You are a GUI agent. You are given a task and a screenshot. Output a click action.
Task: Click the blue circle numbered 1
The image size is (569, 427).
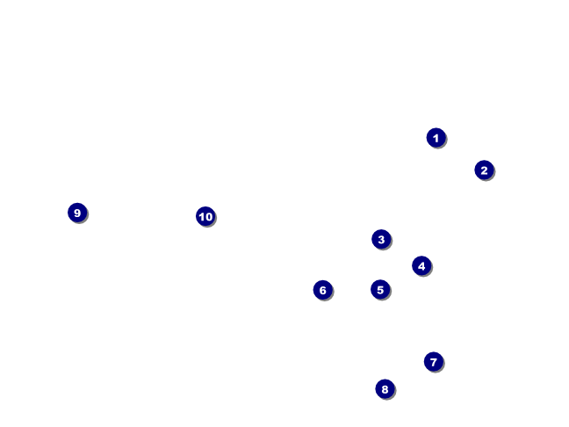436,138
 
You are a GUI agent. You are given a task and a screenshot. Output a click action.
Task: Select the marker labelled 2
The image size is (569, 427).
484,170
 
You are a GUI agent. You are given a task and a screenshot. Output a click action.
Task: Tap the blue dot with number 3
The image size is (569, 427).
380,239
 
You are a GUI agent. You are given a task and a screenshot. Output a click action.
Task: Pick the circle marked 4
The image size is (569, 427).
421,265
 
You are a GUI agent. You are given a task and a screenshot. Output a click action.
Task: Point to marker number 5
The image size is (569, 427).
380,289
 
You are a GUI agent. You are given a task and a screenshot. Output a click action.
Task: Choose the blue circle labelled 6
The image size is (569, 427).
322,290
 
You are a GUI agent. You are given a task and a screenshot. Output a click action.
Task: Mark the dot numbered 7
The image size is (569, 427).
433,362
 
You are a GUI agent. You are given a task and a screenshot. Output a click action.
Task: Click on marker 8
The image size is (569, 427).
385,389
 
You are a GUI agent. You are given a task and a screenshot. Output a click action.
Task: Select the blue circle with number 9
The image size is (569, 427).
77,213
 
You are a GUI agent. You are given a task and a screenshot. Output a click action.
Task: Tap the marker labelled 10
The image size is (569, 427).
205,216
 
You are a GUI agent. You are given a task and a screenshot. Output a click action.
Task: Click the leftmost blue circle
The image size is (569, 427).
77,213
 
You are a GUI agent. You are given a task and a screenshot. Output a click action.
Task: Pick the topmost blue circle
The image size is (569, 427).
436,138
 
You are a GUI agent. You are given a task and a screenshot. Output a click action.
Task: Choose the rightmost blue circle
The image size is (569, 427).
484,170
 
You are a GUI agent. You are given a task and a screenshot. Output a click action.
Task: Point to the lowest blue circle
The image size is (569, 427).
385,389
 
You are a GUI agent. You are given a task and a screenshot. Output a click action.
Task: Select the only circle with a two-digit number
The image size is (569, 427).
205,216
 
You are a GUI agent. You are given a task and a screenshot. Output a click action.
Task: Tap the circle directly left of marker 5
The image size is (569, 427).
322,290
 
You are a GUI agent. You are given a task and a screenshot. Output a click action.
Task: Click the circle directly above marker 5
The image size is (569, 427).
380,239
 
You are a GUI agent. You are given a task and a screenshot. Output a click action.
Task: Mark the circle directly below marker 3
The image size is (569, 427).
380,289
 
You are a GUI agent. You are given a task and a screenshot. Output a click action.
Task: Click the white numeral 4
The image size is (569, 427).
421,265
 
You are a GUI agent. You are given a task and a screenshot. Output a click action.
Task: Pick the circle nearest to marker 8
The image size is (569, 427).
433,362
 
